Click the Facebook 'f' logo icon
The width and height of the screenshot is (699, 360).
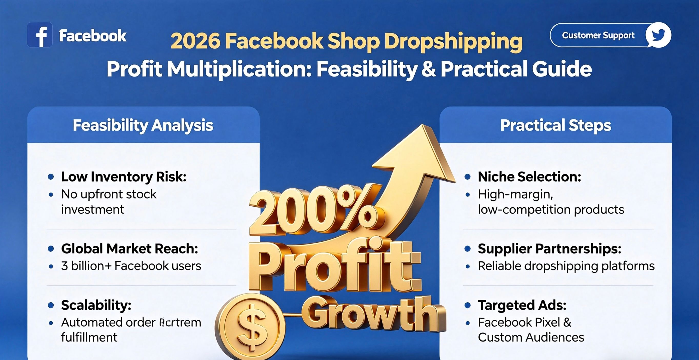click(40, 35)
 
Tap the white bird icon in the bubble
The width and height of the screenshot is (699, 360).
click(658, 35)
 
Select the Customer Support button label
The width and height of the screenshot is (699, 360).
click(598, 35)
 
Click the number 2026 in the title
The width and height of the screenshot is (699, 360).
click(195, 41)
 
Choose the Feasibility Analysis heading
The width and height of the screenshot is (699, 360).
click(143, 125)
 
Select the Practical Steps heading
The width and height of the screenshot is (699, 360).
click(555, 125)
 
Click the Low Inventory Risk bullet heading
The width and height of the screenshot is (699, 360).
click(124, 177)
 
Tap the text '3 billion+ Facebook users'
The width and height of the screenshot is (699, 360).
click(131, 266)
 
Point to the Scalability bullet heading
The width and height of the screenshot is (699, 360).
click(96, 305)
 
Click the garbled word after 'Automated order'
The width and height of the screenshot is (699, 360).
click(180, 323)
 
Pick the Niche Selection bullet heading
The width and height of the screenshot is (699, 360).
click(529, 177)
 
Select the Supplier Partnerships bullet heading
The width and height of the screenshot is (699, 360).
click(550, 249)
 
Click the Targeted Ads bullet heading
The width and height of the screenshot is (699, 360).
click(522, 305)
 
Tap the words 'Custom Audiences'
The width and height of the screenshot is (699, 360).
click(531, 337)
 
